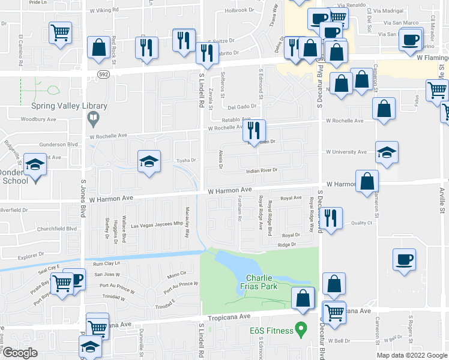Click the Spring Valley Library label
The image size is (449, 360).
(69, 106)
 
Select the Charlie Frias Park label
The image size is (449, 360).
(259, 282)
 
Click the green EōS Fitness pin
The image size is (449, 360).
(302, 329)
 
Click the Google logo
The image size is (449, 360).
(20, 353)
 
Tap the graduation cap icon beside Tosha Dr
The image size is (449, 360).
(149, 161)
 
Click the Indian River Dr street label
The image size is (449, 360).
(262, 170)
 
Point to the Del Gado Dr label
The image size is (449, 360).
(242, 106)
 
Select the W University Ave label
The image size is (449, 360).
(346, 152)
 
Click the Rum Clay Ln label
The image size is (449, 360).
(106, 263)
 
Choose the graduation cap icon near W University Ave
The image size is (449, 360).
(387, 153)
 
